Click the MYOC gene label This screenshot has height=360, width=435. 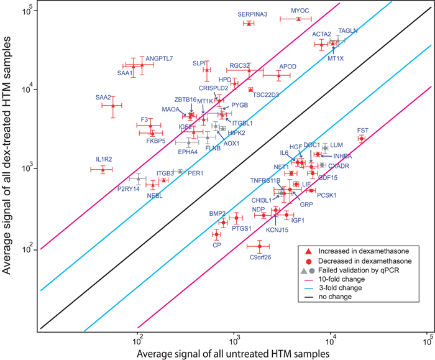coord(300,11)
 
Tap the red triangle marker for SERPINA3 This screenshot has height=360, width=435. coord(249,24)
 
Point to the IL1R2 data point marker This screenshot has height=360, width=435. coord(103,168)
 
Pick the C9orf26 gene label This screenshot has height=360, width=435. coord(260,257)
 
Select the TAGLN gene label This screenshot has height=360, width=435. coord(348,31)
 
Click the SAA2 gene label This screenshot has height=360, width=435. coord(103,97)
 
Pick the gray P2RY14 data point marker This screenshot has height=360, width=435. coord(139,179)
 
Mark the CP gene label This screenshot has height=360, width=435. coord(217,245)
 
